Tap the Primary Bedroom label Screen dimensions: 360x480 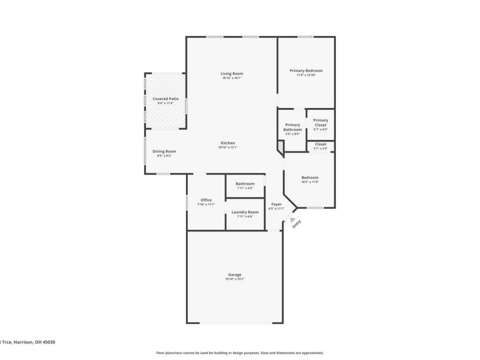[305, 71]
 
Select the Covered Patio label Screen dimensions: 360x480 [165, 98]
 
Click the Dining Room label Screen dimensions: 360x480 [164, 151]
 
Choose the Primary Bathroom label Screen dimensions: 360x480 [293, 127]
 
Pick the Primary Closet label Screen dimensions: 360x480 [320, 122]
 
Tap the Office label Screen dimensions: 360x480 [206, 200]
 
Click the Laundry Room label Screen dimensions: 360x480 [245, 212]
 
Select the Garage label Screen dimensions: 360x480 [234, 274]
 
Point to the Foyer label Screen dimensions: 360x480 [276, 204]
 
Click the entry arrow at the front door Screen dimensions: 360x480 [293, 220]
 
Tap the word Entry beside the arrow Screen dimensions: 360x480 [296, 224]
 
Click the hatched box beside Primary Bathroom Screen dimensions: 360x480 [280, 146]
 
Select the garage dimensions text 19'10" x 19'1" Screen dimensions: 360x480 [234, 279]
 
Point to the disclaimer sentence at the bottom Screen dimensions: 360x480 [240, 353]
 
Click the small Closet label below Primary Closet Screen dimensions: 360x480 [320, 144]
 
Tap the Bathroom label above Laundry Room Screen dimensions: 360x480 [245, 184]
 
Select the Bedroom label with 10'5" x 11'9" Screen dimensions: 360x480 [310, 178]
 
